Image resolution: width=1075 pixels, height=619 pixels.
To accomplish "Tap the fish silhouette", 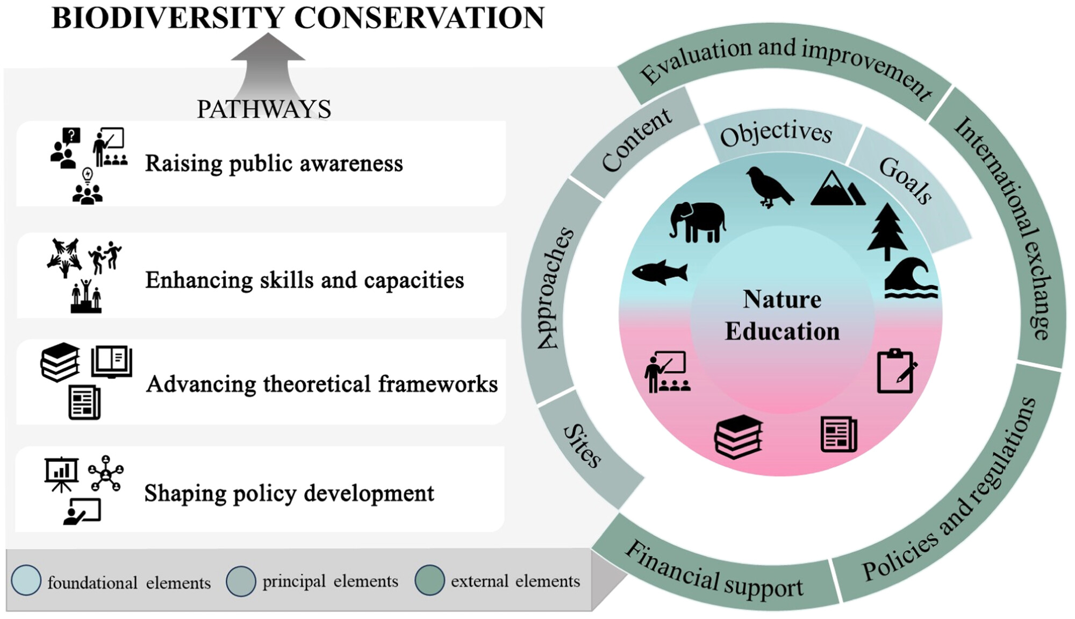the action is pyautogui.click(x=660, y=272).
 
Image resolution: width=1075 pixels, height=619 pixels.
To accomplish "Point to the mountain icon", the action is pyautogui.click(x=838, y=188).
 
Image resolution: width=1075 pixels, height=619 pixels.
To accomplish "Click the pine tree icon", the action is pyautogui.click(x=887, y=232).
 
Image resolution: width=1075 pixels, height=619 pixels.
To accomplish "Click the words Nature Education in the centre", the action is pyautogui.click(x=782, y=315).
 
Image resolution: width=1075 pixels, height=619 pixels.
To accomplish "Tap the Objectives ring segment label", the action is pyautogui.click(x=776, y=134).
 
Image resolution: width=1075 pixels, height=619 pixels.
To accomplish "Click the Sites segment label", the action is pyautogui.click(x=582, y=446).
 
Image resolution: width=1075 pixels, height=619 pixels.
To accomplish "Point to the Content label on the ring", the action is pyautogui.click(x=636, y=140).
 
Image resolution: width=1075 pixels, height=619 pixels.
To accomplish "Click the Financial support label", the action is pyautogui.click(x=714, y=571).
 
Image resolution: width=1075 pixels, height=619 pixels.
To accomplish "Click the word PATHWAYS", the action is pyautogui.click(x=264, y=110).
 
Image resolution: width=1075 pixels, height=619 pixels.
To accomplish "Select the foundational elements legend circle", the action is pyautogui.click(x=26, y=580).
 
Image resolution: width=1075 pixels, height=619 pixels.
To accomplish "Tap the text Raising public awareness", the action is pyautogui.click(x=274, y=163).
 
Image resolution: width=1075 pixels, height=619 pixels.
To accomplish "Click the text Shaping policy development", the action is pyautogui.click(x=289, y=494).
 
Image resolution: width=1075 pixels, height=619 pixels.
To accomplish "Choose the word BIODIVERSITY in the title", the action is pyautogui.click(x=168, y=18).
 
